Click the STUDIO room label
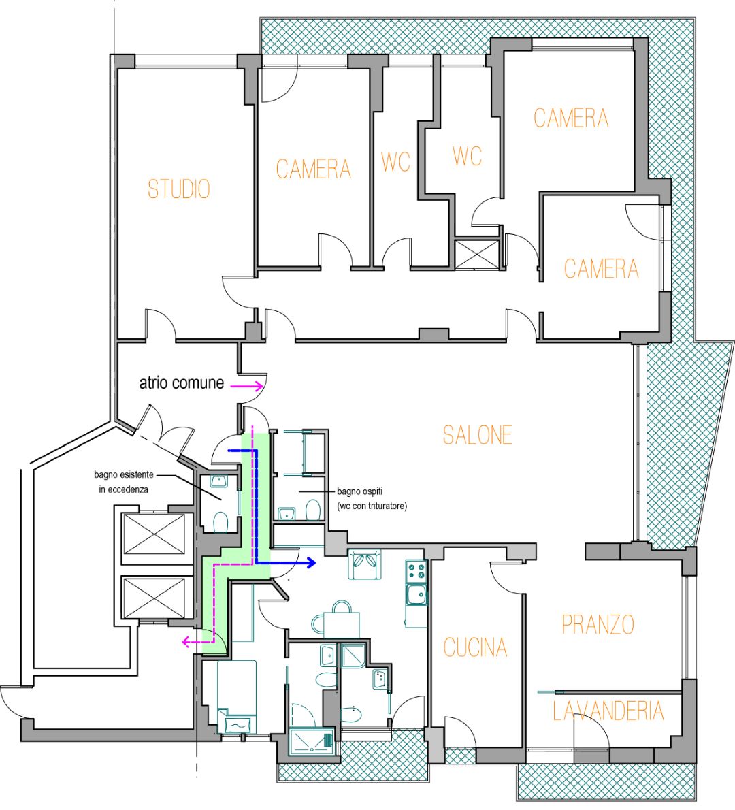coord(179,189)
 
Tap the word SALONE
coord(477,435)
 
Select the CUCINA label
coord(475,647)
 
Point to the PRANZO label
coord(598,625)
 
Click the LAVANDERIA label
coord(608,711)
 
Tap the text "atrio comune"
coord(181,383)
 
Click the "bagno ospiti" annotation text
coord(359,491)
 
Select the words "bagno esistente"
coord(123,474)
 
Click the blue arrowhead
coord(310,562)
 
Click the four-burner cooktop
coord(416,571)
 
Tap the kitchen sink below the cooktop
coord(416,594)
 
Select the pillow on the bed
coord(237,726)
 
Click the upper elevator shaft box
coord(154,535)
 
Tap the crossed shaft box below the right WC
coord(477,254)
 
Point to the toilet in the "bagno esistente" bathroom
coord(220,522)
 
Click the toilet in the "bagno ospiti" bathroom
coord(313,510)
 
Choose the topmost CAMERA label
coord(571,118)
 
